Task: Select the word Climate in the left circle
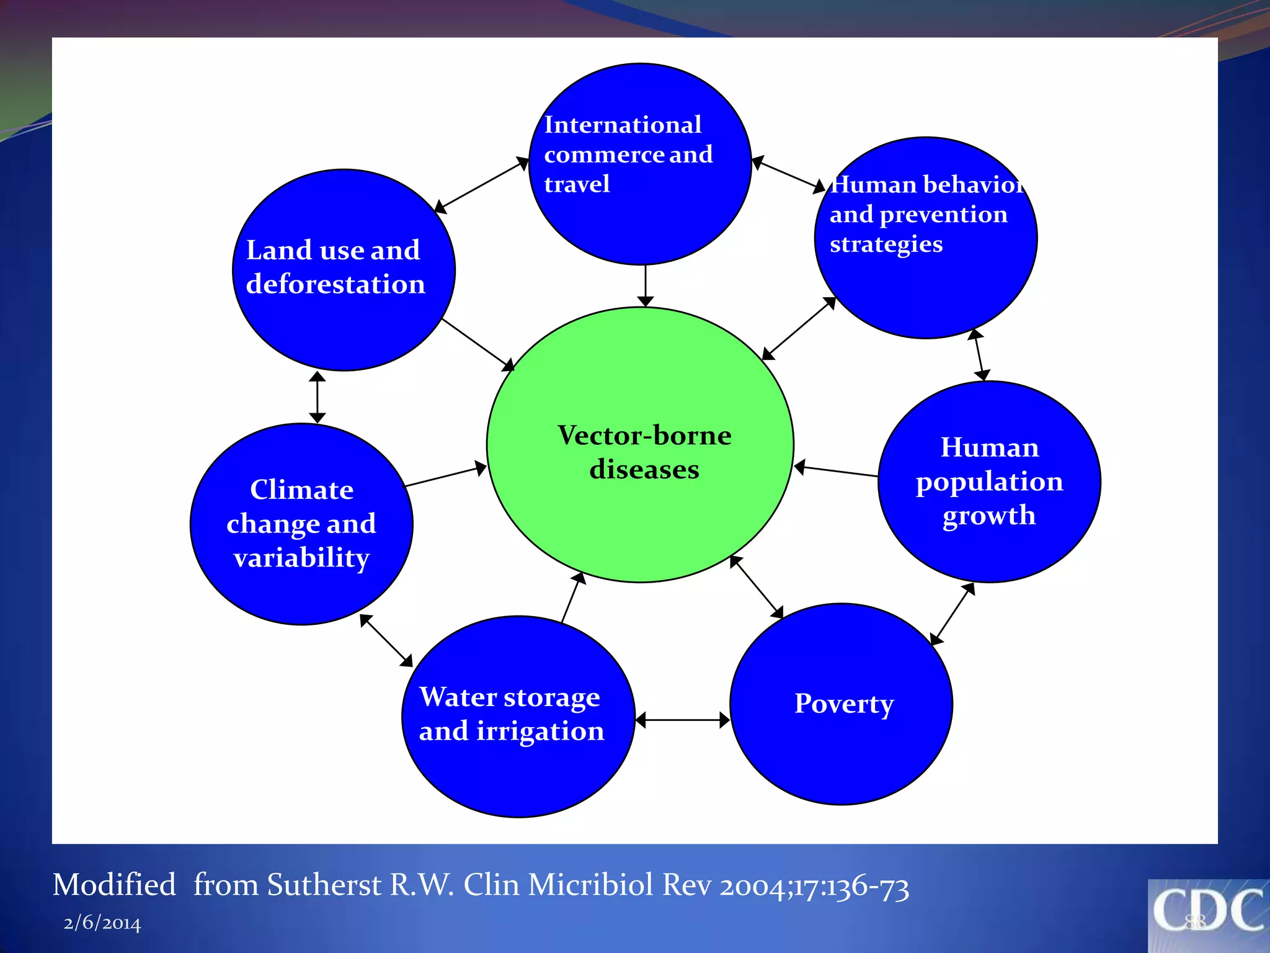click(x=302, y=490)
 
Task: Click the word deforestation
click(x=335, y=284)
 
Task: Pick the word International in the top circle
click(x=623, y=125)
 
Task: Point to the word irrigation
click(x=540, y=731)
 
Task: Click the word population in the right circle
click(x=989, y=482)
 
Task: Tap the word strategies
click(x=886, y=244)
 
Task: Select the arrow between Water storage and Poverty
click(x=683, y=720)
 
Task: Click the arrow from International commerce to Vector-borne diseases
click(x=646, y=285)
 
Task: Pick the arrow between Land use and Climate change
click(x=317, y=397)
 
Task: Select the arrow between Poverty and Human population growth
click(x=952, y=614)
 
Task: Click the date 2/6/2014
click(x=102, y=923)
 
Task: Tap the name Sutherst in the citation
click(x=324, y=885)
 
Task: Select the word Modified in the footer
click(x=114, y=885)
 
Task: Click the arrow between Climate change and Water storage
click(x=386, y=640)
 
